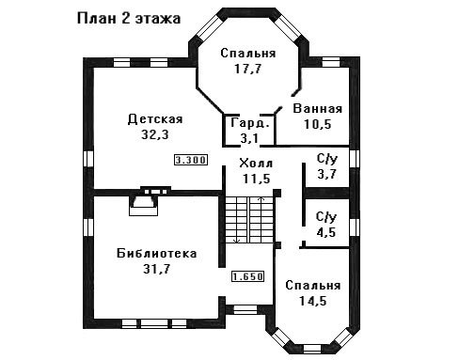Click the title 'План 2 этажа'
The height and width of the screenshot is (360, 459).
pos(129,19)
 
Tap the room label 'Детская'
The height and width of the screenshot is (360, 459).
pos(155,119)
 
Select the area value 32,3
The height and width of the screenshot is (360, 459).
pos(155,135)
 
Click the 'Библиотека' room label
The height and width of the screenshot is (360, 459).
pos(156,253)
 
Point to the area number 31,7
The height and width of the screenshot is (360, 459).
pos(156,269)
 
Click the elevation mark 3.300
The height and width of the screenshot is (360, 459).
pos(191,160)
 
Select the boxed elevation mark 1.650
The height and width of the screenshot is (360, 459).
pos(247,276)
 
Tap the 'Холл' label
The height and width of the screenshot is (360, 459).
pos(256,164)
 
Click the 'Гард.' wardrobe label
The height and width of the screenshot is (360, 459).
pos(250,123)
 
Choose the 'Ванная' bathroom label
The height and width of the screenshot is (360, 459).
pos(317,109)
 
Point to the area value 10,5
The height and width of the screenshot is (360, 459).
pos(317,124)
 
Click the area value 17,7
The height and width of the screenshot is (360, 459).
pos(247,69)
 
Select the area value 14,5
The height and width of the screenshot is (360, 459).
pos(313,301)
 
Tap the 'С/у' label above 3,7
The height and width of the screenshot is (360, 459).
pos(327,159)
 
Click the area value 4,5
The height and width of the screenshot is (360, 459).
pos(326,232)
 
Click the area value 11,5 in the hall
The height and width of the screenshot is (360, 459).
pos(256,179)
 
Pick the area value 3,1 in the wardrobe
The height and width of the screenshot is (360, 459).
pos(249,138)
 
